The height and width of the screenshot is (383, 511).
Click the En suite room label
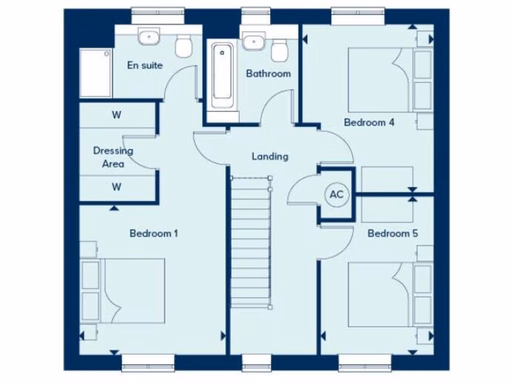tap(145, 65)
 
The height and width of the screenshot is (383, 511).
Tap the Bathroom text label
tap(268, 74)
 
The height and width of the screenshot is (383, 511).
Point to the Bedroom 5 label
tap(393, 233)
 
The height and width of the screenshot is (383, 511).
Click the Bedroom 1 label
tap(154, 233)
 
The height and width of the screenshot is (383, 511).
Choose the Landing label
tap(269, 156)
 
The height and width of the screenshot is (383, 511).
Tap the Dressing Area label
tap(113, 157)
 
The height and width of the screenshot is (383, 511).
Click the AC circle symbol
tap(337, 194)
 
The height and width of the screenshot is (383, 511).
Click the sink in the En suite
tap(149, 36)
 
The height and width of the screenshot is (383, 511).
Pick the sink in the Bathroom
tap(254, 41)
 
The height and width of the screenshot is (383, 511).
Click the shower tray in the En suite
tap(95, 73)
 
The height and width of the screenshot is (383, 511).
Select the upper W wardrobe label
tap(116, 115)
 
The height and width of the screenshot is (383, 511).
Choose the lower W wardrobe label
tap(116, 187)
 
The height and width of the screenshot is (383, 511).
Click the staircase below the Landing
tap(251, 244)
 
